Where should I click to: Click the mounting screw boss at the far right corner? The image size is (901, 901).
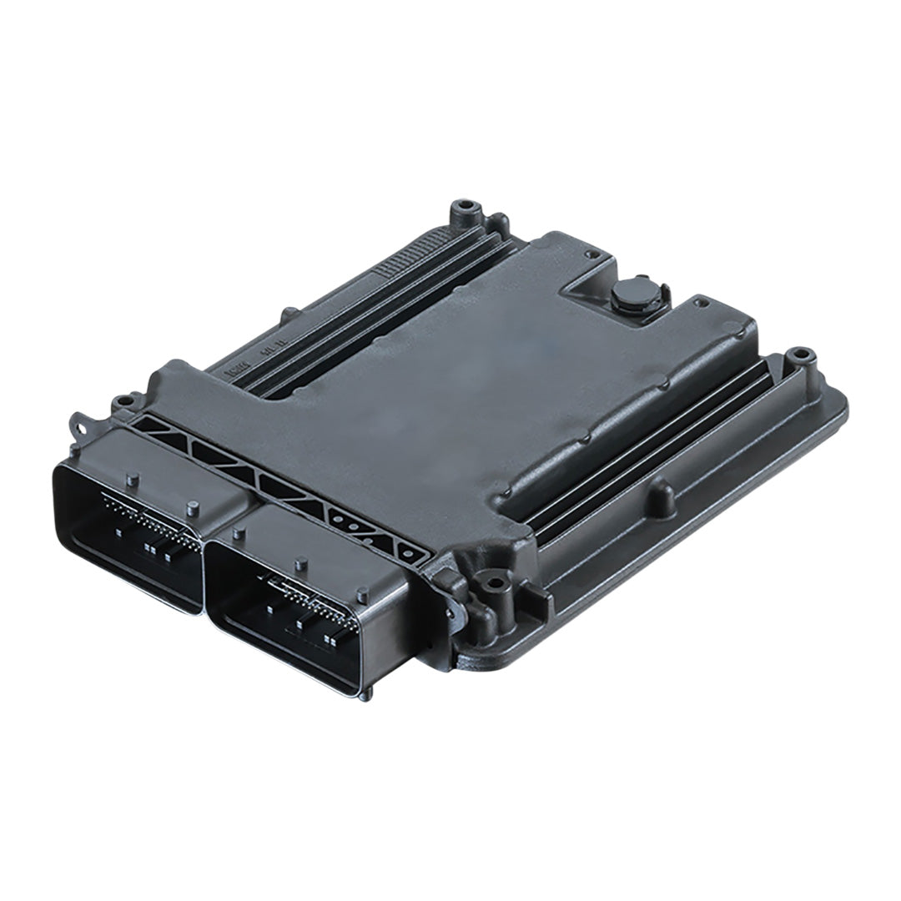point(799,356)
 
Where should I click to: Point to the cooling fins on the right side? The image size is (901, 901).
point(642,450)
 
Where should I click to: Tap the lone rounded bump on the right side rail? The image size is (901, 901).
point(661,496)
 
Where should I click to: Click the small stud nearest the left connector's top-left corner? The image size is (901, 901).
point(131,479)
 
